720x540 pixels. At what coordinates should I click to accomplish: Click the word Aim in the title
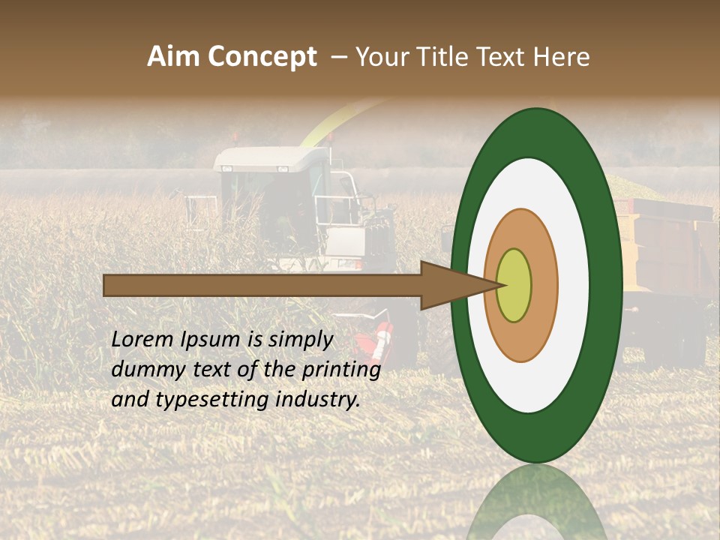pos(174,56)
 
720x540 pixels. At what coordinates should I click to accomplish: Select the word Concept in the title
pos(262,58)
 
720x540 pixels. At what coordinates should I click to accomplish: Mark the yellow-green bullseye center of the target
pos(514,285)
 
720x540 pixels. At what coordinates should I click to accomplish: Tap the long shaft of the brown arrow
pos(262,285)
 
